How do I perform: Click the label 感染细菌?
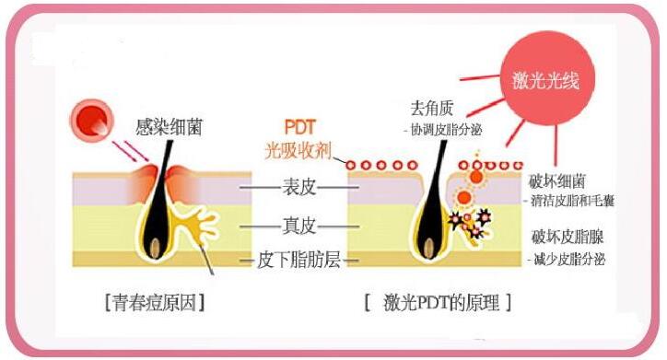tap(169, 127)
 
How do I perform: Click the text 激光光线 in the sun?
tap(546, 80)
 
